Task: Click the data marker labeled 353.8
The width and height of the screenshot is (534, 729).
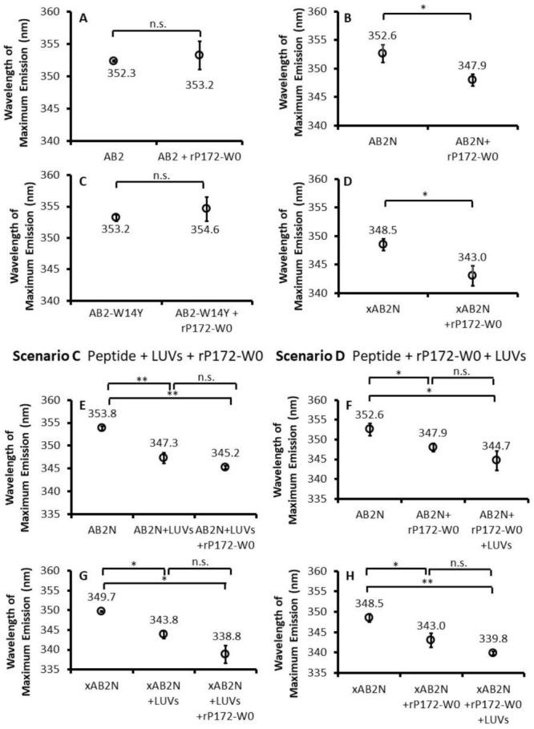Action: click(101, 427)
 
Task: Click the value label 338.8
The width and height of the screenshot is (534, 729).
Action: click(225, 634)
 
